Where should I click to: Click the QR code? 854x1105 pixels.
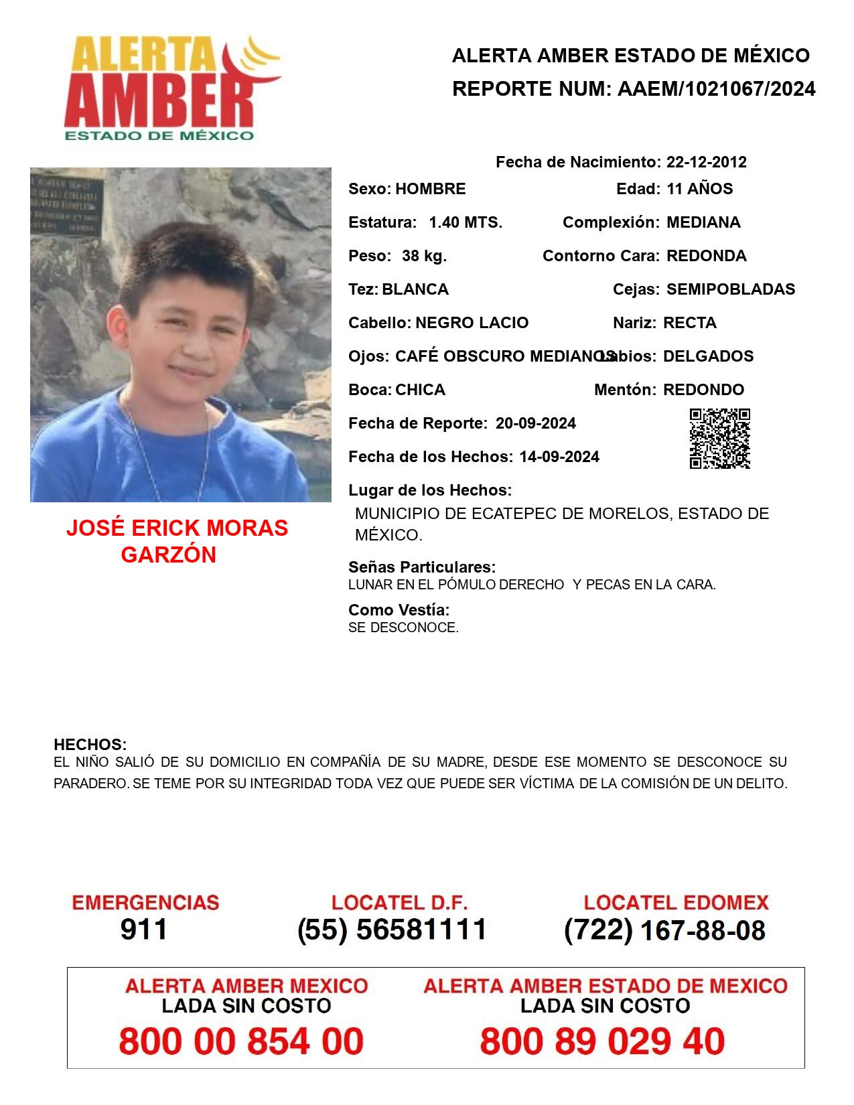[719, 439]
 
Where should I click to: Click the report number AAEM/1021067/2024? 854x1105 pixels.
[716, 89]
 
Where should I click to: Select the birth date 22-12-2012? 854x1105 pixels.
[706, 162]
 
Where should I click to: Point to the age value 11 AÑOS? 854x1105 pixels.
[699, 189]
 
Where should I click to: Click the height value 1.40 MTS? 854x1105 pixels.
[465, 222]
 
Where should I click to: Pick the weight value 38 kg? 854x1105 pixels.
[424, 256]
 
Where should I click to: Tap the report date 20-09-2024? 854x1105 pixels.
[535, 423]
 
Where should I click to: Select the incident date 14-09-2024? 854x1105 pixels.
[559, 457]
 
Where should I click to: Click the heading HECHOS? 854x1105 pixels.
[90, 745]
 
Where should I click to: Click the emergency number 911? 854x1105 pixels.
[143, 930]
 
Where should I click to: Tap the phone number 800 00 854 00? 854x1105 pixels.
[241, 1041]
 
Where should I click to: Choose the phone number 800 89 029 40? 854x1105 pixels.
[601, 1041]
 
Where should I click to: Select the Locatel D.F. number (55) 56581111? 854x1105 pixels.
[392, 930]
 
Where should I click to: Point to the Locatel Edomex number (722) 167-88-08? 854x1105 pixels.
[664, 930]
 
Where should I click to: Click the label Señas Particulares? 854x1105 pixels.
[421, 567]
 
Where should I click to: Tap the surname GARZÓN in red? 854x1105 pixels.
[168, 555]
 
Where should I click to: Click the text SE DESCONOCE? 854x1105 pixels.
[403, 628]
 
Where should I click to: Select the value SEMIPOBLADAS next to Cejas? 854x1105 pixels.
[730, 289]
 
